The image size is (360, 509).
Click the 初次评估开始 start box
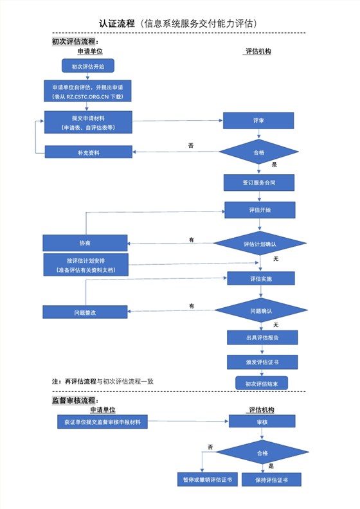[x=87, y=66]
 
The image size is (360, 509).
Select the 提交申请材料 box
[x=88, y=122]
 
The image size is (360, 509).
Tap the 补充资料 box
[x=88, y=152]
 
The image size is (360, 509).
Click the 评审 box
[x=258, y=120]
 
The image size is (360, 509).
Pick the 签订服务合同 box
[x=259, y=183]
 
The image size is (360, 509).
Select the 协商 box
[x=85, y=243]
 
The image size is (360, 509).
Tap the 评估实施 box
[x=260, y=278]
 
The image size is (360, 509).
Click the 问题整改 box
[x=85, y=312]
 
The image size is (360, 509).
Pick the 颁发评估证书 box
[x=262, y=362]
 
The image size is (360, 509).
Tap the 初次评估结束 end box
[x=262, y=384]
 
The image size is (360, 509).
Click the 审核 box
[x=262, y=422]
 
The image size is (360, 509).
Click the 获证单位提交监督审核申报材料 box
[x=103, y=422]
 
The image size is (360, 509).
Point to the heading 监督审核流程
[x=75, y=400]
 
